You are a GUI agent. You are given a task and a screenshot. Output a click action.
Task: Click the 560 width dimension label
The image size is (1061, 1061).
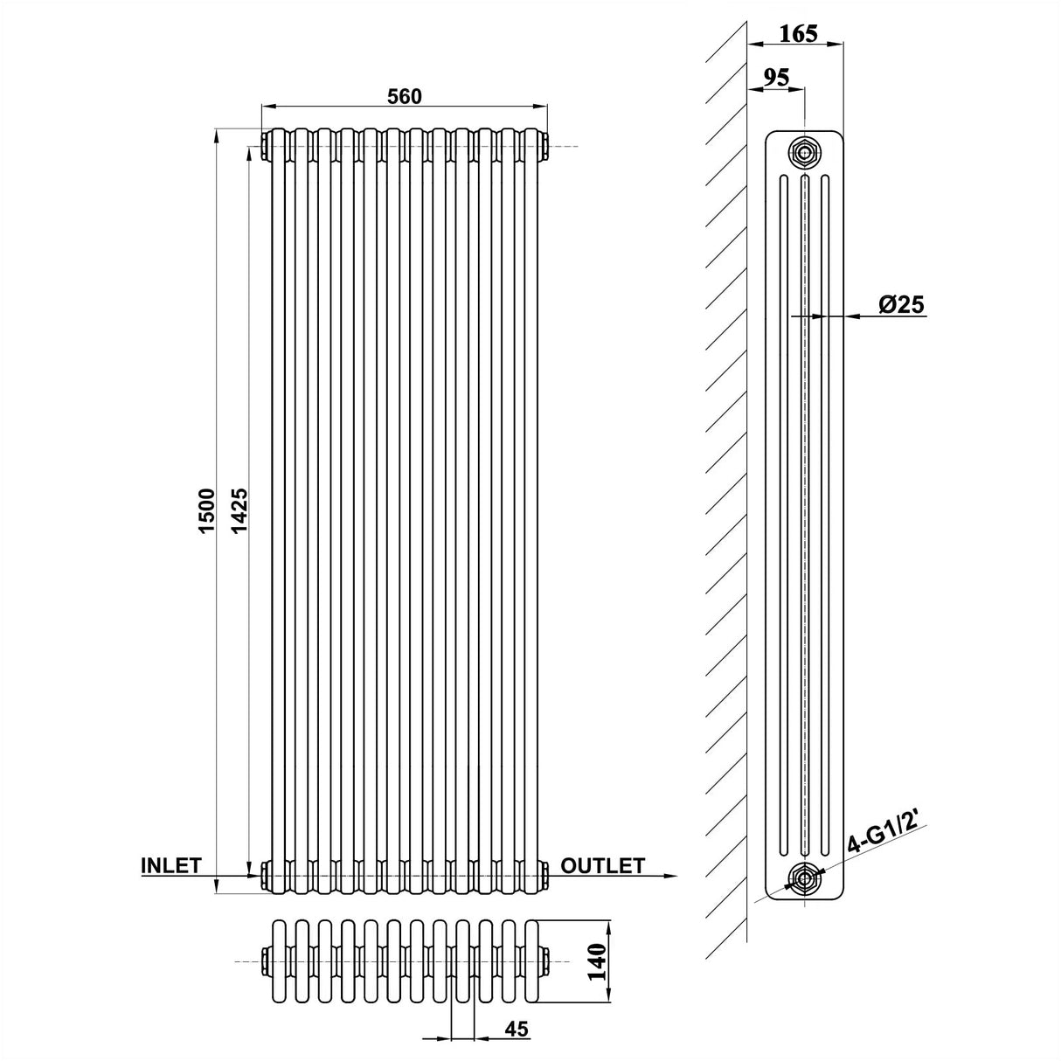[x=405, y=96]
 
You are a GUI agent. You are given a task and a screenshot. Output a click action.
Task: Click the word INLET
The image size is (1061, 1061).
[x=171, y=865]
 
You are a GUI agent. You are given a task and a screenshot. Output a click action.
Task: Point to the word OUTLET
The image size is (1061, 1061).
[x=602, y=865]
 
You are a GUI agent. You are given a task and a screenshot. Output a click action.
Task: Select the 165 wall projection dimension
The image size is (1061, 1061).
[x=798, y=33]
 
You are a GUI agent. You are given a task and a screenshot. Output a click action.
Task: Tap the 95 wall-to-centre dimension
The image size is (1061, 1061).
[x=775, y=77]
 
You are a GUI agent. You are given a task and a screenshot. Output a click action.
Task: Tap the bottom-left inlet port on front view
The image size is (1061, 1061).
[x=265, y=872]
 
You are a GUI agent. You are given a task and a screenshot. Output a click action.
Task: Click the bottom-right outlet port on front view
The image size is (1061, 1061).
[x=544, y=872]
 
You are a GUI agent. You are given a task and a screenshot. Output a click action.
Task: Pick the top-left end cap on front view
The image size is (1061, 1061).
[x=265, y=145]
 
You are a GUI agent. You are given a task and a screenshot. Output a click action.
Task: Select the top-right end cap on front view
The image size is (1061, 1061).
[x=544, y=145]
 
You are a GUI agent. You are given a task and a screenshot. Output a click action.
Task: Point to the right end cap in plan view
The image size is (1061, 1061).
[x=544, y=961]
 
